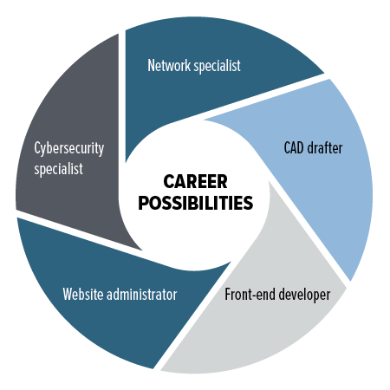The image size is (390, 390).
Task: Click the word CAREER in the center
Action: [195, 181]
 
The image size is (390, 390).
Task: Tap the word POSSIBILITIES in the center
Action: [196, 203]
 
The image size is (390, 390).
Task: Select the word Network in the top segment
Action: [169, 65]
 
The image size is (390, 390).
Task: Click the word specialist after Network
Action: [217, 66]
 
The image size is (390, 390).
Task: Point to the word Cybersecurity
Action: [69, 148]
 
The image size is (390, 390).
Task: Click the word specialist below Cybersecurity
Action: [58, 169]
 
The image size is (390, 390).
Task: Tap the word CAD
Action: [294, 148]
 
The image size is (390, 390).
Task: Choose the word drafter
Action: [325, 148]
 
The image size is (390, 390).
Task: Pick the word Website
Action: [83, 295]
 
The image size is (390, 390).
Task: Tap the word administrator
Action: [142, 295]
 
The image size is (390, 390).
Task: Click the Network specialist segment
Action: [202, 87]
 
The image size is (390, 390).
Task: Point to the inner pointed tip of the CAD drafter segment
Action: [205, 120]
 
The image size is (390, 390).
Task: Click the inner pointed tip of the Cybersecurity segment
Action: [141, 250]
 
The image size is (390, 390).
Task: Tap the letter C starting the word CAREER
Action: [168, 181]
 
